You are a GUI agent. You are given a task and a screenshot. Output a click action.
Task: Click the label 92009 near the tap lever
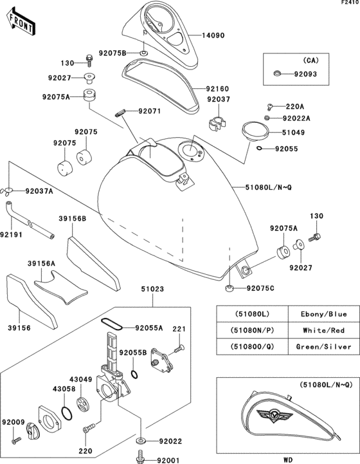[x=13, y=422]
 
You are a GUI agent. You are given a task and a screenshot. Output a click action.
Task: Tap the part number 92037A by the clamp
[x=39, y=191]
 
